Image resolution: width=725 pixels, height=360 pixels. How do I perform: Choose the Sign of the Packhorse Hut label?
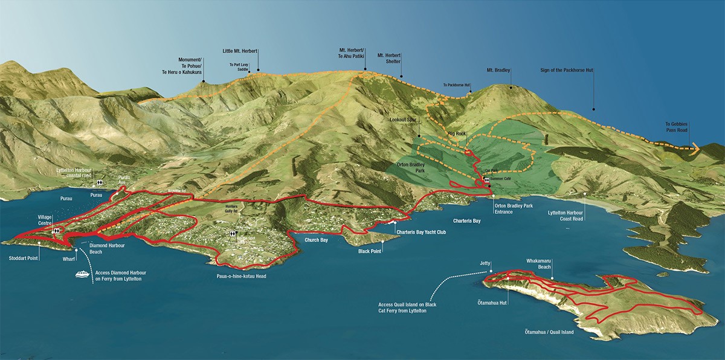click(567, 71)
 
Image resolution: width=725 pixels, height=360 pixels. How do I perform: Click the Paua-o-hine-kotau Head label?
click(240, 276)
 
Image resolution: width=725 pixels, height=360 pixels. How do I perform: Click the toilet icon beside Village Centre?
click(56, 231)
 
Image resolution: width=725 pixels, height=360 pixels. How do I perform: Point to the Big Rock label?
click(458, 133)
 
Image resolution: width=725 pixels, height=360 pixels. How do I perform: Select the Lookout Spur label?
click(404, 121)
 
